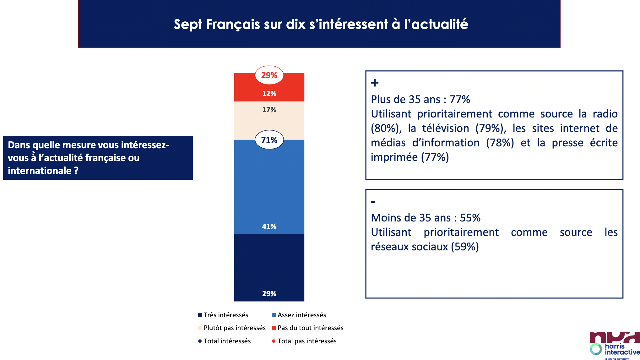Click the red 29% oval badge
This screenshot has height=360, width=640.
pyautogui.click(x=269, y=75)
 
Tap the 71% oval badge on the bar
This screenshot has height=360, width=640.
pyautogui.click(x=269, y=140)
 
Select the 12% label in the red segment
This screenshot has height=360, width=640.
pyautogui.click(x=269, y=94)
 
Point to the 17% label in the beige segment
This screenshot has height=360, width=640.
pyautogui.click(x=269, y=110)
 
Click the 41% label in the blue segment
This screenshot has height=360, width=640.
pyautogui.click(x=269, y=226)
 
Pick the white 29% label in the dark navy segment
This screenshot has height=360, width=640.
pyautogui.click(x=269, y=294)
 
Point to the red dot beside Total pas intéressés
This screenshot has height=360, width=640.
pyautogui.click(x=274, y=341)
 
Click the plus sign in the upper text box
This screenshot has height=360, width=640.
pyautogui.click(x=375, y=83)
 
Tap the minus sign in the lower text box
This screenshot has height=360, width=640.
pyautogui.click(x=373, y=202)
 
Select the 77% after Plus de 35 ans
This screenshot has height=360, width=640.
pyautogui.click(x=460, y=100)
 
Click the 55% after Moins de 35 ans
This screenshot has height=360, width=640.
pyautogui.click(x=470, y=218)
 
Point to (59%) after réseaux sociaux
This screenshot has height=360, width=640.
pyautogui.click(x=465, y=247)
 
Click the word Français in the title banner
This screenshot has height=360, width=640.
pyautogui.click(x=233, y=25)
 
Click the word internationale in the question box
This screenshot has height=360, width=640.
pyautogui.click(x=40, y=171)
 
